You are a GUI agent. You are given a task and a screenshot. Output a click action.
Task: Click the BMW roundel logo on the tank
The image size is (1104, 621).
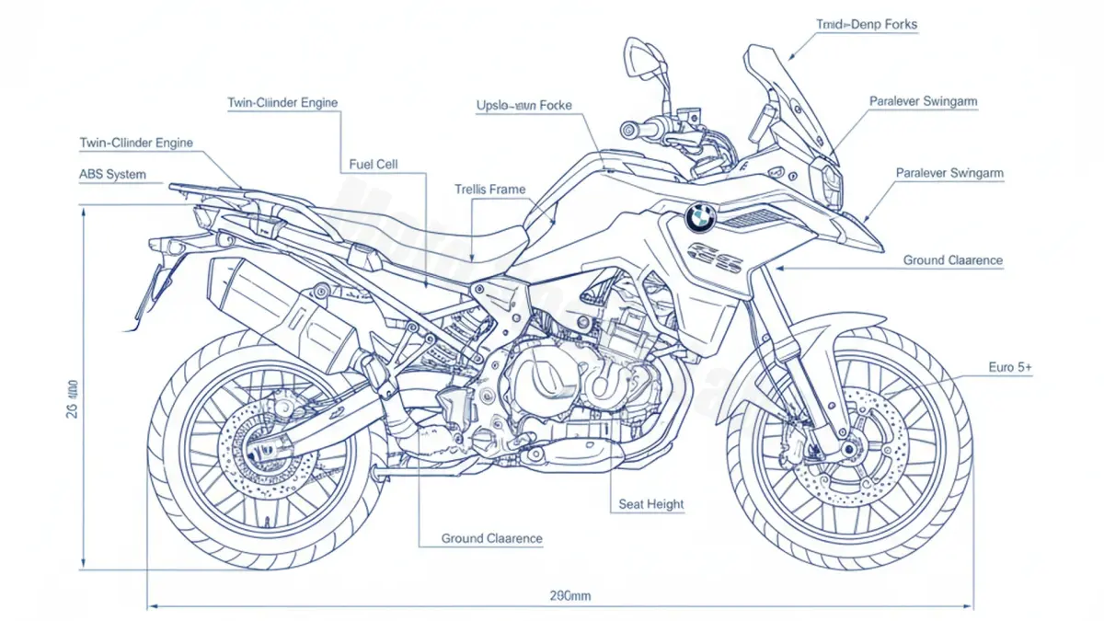click(x=700, y=217)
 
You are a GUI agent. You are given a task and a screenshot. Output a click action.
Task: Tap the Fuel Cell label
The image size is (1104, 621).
click(x=374, y=165)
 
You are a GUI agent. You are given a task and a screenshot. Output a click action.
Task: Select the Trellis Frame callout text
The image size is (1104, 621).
click(x=490, y=190)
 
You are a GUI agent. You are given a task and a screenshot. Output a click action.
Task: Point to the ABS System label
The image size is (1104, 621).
click(x=113, y=174)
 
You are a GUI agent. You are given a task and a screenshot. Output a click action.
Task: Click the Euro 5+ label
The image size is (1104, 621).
click(x=1010, y=367)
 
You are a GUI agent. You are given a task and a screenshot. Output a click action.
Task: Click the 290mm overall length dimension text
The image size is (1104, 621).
click(x=570, y=596)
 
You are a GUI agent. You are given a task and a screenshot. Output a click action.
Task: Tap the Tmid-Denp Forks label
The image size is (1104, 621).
click(x=866, y=25)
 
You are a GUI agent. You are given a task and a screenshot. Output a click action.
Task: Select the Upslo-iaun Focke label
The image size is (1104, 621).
click(x=523, y=106)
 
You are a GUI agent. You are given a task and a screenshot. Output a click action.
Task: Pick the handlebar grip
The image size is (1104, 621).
click(x=634, y=129)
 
